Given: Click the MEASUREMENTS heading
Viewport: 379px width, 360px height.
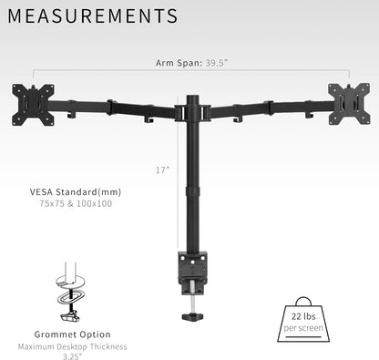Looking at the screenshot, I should (x=95, y=16).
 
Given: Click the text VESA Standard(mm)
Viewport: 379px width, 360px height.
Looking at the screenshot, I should (x=76, y=192).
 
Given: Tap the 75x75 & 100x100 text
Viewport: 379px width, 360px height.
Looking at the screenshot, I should (x=76, y=204).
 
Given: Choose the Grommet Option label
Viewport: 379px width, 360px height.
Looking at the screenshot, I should (x=75, y=334).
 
